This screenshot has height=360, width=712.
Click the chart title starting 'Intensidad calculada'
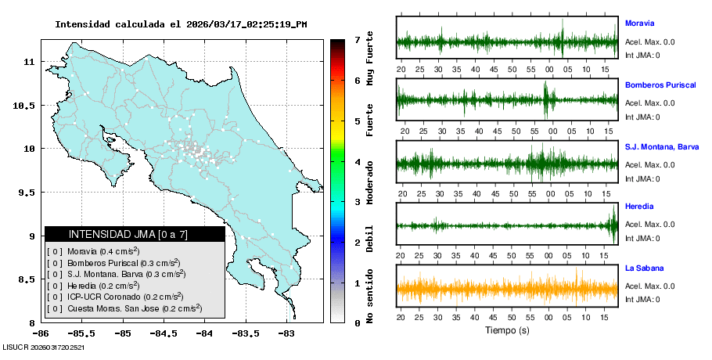point(181,24)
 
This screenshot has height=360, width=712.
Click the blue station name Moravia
point(639,23)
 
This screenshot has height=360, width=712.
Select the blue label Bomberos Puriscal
point(660,85)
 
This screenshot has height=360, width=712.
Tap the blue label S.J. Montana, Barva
point(662,146)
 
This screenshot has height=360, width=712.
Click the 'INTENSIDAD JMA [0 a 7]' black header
point(135,234)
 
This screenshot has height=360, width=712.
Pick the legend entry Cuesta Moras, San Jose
point(125,308)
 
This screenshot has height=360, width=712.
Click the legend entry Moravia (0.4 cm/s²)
point(102,251)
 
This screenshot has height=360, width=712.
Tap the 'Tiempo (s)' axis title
point(507,330)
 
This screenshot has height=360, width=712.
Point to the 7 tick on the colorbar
point(357,39)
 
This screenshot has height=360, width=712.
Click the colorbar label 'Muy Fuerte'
point(370,59)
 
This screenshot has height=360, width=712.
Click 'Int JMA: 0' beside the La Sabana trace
point(642,300)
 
